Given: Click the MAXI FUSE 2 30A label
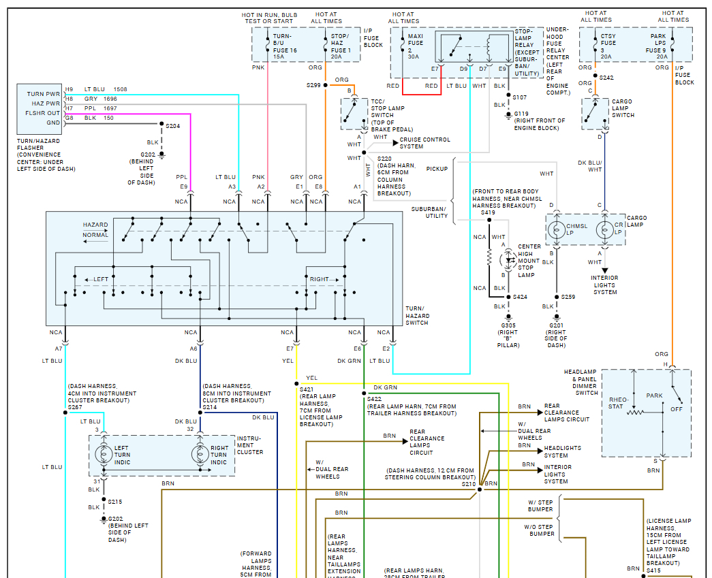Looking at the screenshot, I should point(415,47).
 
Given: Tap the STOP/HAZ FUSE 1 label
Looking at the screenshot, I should point(340,46).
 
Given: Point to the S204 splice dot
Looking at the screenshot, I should point(161,126).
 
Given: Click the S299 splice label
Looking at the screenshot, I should point(313,85).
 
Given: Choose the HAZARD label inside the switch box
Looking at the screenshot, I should point(95,225).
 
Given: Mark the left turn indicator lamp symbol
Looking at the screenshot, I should point(104,454).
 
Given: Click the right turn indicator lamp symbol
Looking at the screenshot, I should point(200,454).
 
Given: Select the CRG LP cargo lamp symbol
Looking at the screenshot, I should point(603,231).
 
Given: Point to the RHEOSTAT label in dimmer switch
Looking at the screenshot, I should point(617,403).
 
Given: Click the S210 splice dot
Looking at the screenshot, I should point(479,489).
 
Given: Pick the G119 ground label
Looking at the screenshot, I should point(521,114).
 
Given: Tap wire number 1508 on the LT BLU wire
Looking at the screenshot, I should point(120,89).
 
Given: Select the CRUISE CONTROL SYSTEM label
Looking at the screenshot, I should point(424,143).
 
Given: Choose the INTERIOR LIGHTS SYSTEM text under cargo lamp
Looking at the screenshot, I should point(605,285).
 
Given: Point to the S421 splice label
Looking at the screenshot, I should point(306,389).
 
